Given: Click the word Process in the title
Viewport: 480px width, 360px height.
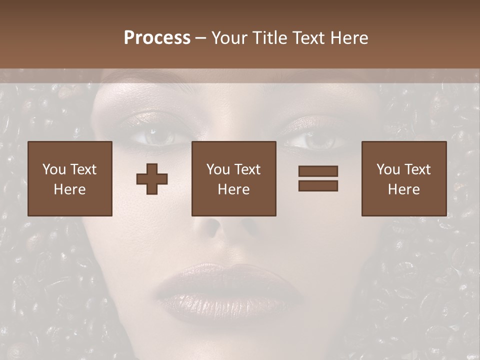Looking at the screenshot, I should (x=157, y=38).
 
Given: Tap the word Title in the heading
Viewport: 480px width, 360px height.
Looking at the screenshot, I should (x=269, y=38).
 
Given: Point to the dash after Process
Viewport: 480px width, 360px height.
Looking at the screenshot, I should (x=201, y=39).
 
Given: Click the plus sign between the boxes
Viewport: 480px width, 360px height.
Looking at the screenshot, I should (x=152, y=179).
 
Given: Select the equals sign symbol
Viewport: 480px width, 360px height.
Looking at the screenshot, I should (x=318, y=178).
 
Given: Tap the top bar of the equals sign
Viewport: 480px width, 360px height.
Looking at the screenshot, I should (x=318, y=171).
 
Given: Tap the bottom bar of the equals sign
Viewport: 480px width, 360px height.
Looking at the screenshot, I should (x=318, y=185).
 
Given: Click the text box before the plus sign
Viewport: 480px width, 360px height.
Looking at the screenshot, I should (x=70, y=178).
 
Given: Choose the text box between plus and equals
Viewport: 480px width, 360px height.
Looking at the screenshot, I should (x=233, y=178).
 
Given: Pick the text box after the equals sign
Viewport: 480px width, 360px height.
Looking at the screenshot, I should (x=403, y=178).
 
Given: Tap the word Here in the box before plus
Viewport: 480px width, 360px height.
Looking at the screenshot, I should (x=70, y=189).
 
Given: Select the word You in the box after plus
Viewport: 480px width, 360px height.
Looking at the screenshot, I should (x=218, y=169).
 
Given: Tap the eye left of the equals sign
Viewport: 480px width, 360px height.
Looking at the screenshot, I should (x=315, y=140).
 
